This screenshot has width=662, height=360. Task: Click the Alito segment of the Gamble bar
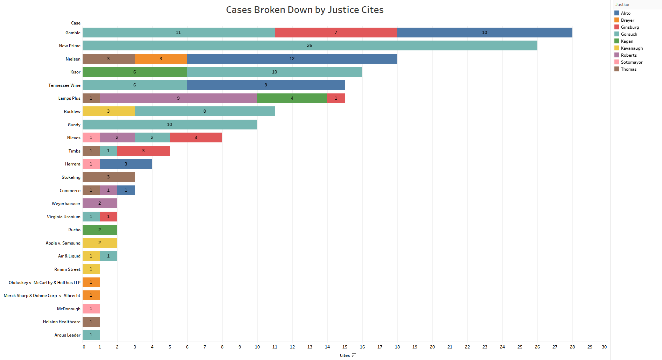(x=485, y=33)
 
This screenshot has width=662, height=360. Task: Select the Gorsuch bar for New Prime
(x=309, y=45)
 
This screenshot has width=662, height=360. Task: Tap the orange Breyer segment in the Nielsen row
(x=161, y=59)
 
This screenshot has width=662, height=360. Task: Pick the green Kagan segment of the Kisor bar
(x=135, y=72)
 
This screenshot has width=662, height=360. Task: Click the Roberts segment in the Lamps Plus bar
(x=178, y=98)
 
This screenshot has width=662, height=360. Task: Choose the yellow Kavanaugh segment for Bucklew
(x=109, y=111)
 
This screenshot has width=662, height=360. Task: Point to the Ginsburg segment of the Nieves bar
(x=196, y=137)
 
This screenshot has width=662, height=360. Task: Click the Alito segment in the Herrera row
(x=126, y=164)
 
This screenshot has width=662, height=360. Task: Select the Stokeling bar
(x=109, y=177)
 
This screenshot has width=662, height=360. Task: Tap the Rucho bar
(x=100, y=230)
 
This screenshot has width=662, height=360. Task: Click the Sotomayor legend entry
(x=632, y=62)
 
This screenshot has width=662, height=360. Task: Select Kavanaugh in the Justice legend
(x=632, y=48)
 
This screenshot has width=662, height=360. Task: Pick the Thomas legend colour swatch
(x=617, y=69)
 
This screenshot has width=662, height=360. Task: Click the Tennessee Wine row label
(x=64, y=85)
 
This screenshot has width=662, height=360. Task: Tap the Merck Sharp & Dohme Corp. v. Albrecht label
(x=42, y=296)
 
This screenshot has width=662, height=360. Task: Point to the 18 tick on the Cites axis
(x=397, y=347)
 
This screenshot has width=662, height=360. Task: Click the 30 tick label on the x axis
(x=604, y=347)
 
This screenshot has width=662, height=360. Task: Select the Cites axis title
(x=345, y=355)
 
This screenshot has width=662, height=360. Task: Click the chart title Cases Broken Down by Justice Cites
(x=305, y=10)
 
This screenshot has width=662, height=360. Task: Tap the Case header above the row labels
(x=76, y=23)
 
